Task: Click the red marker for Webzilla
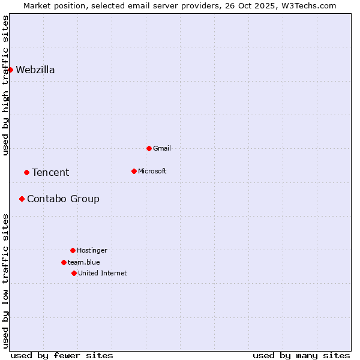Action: point(10,70)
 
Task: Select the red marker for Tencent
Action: point(26,172)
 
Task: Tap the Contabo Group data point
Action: point(22,199)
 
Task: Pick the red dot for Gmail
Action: point(149,148)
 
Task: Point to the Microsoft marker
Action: point(134,171)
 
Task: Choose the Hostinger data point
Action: point(73,250)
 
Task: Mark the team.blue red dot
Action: point(64,262)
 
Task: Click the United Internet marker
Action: point(74,273)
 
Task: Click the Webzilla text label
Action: point(35,70)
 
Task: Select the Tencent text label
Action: point(50,172)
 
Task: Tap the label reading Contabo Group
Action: point(63,199)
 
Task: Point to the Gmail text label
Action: point(162,148)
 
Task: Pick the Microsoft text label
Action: point(152,171)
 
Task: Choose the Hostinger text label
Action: point(92,250)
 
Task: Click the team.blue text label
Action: point(83,262)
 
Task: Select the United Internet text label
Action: point(102,273)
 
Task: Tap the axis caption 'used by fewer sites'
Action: point(62,355)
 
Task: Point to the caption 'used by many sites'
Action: point(301,355)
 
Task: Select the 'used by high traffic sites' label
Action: point(5,85)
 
